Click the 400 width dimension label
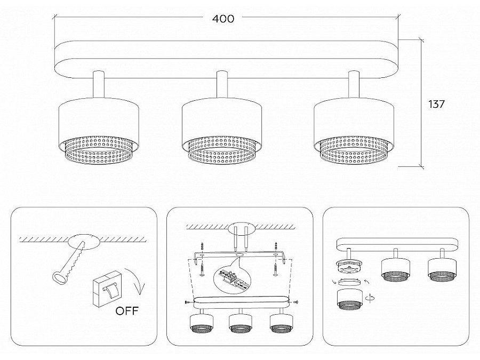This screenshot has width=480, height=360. pos(223,19)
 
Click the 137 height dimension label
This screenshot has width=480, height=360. pos(436,105)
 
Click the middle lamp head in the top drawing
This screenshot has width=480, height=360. pos(222,128)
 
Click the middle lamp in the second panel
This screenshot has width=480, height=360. pos(240,322)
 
